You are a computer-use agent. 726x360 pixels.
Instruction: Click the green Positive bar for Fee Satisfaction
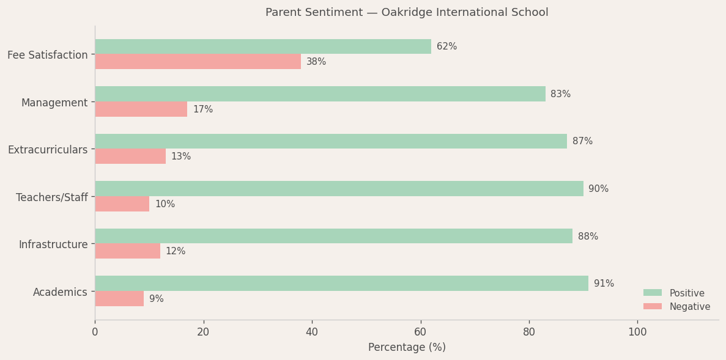[x=263, y=46]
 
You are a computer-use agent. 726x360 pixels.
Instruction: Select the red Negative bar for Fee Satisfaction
[x=198, y=62]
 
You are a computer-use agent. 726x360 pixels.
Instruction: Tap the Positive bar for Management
[x=320, y=94]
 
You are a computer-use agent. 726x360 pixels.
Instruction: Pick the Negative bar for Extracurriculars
[x=130, y=156]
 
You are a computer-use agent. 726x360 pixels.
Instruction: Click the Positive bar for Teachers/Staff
[x=339, y=189]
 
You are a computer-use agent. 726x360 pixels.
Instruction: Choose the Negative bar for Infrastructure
[x=127, y=251]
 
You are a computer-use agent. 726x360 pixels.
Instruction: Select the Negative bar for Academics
[x=119, y=299]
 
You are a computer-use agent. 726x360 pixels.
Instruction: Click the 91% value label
[x=604, y=284]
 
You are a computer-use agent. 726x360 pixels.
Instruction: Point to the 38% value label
[x=316, y=62]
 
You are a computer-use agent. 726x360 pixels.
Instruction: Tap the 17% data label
[x=202, y=109]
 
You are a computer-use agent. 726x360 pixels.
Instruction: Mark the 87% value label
[x=582, y=141]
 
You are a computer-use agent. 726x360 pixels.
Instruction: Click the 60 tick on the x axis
[x=421, y=332]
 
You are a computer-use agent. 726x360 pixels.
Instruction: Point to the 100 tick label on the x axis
[x=637, y=332]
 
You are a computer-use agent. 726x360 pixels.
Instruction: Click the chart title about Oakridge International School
[x=407, y=12]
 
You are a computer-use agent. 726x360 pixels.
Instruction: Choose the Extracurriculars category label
[x=48, y=150]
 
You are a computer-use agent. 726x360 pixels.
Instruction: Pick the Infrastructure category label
[x=53, y=244]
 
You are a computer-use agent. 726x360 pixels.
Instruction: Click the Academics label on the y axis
[x=60, y=292]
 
